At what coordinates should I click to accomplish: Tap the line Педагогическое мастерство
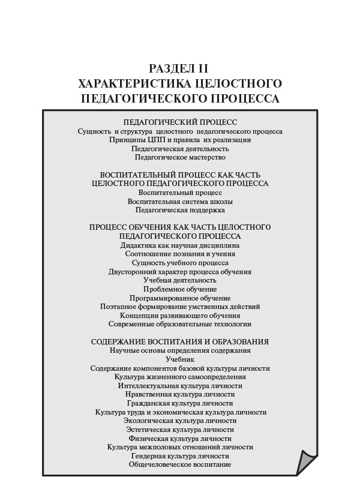(180, 157)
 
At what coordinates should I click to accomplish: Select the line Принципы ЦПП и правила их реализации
(180, 140)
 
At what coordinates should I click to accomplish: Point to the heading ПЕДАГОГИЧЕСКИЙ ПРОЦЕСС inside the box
(180, 122)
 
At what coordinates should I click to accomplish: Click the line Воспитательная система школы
(180, 202)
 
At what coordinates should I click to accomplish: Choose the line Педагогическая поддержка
(180, 210)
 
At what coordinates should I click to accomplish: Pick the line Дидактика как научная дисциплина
(180, 245)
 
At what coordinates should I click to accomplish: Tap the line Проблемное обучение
(180, 289)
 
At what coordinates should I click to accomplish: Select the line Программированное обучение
(180, 298)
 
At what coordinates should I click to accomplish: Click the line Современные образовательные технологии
(180, 324)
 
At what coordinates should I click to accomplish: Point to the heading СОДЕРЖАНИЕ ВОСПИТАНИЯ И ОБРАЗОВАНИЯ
(180, 342)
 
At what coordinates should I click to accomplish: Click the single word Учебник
(180, 359)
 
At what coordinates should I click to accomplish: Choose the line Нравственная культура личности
(180, 394)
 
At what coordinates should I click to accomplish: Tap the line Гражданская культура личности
(180, 403)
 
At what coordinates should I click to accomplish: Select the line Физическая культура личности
(180, 438)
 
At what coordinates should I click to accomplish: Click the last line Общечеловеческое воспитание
(180, 464)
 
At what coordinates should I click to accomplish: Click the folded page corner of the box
(307, 463)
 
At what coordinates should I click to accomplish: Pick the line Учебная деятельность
(180, 280)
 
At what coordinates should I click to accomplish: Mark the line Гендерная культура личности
(180, 455)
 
